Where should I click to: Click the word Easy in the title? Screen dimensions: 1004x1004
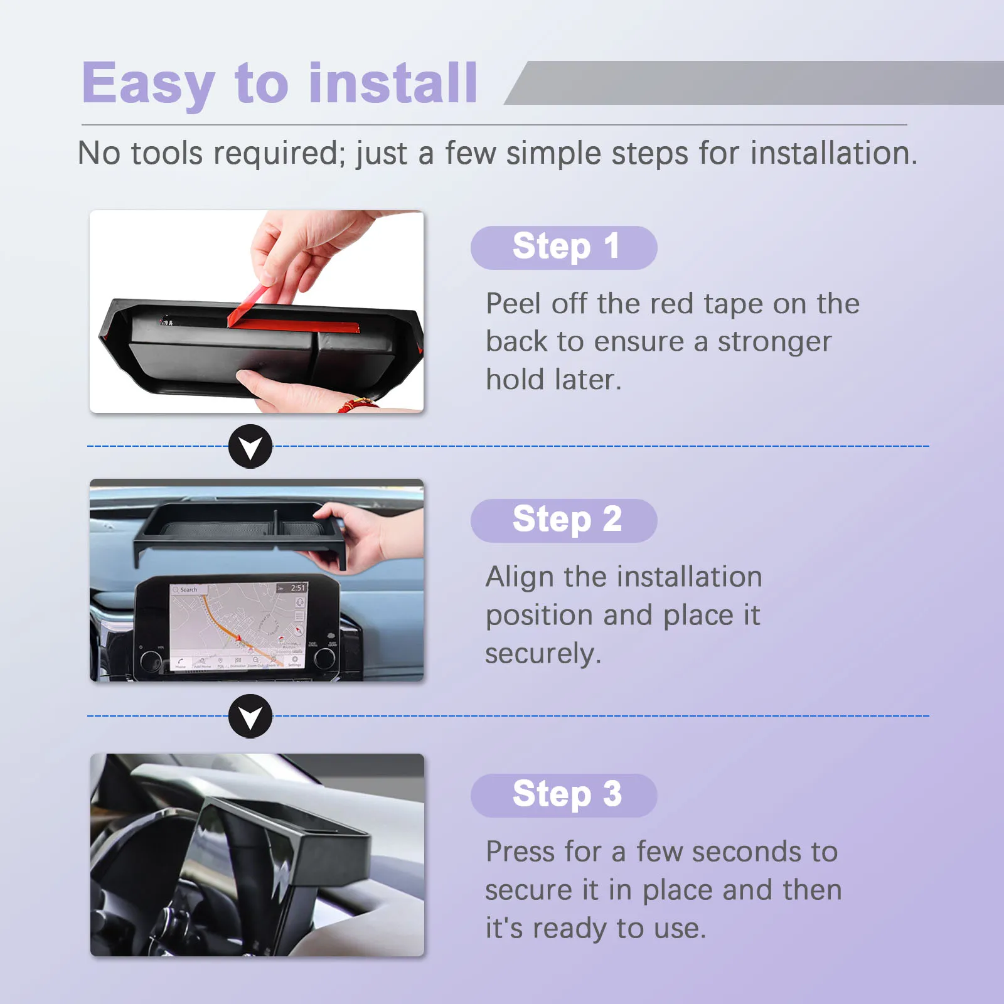click(x=149, y=83)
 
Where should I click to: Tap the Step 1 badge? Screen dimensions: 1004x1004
click(x=563, y=247)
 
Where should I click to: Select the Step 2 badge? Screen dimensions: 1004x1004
click(x=563, y=520)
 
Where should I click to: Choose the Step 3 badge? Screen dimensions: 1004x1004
click(x=563, y=795)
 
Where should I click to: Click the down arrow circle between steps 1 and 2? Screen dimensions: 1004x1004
click(x=250, y=447)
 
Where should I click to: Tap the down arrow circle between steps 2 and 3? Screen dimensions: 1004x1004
click(x=250, y=717)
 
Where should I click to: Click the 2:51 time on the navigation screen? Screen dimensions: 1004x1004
click(x=298, y=588)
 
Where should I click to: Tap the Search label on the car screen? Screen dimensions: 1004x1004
click(x=188, y=590)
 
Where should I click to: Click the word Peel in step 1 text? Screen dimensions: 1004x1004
click(x=513, y=304)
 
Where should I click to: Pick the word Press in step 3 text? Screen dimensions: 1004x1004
click(x=520, y=852)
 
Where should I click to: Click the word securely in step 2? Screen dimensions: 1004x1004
click(x=543, y=654)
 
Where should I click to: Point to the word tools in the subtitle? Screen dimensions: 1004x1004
click(x=167, y=153)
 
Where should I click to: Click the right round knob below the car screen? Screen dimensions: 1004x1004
click(x=324, y=658)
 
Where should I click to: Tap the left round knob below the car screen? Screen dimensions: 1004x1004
click(x=151, y=660)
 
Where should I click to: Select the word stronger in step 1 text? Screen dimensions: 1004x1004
click(x=774, y=343)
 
